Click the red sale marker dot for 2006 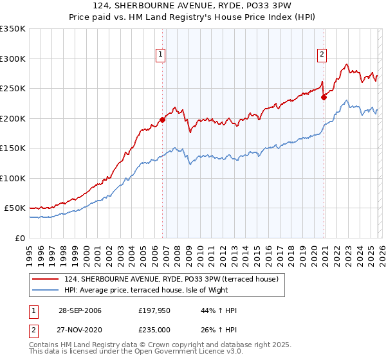pyautogui.click(x=162, y=119)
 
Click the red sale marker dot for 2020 pyautogui.click(x=324, y=97)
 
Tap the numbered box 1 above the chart pyautogui.click(x=160, y=55)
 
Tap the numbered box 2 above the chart pyautogui.click(x=321, y=55)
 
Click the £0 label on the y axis pyautogui.click(x=19, y=238)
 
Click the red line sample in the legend pyautogui.click(x=45, y=279)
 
